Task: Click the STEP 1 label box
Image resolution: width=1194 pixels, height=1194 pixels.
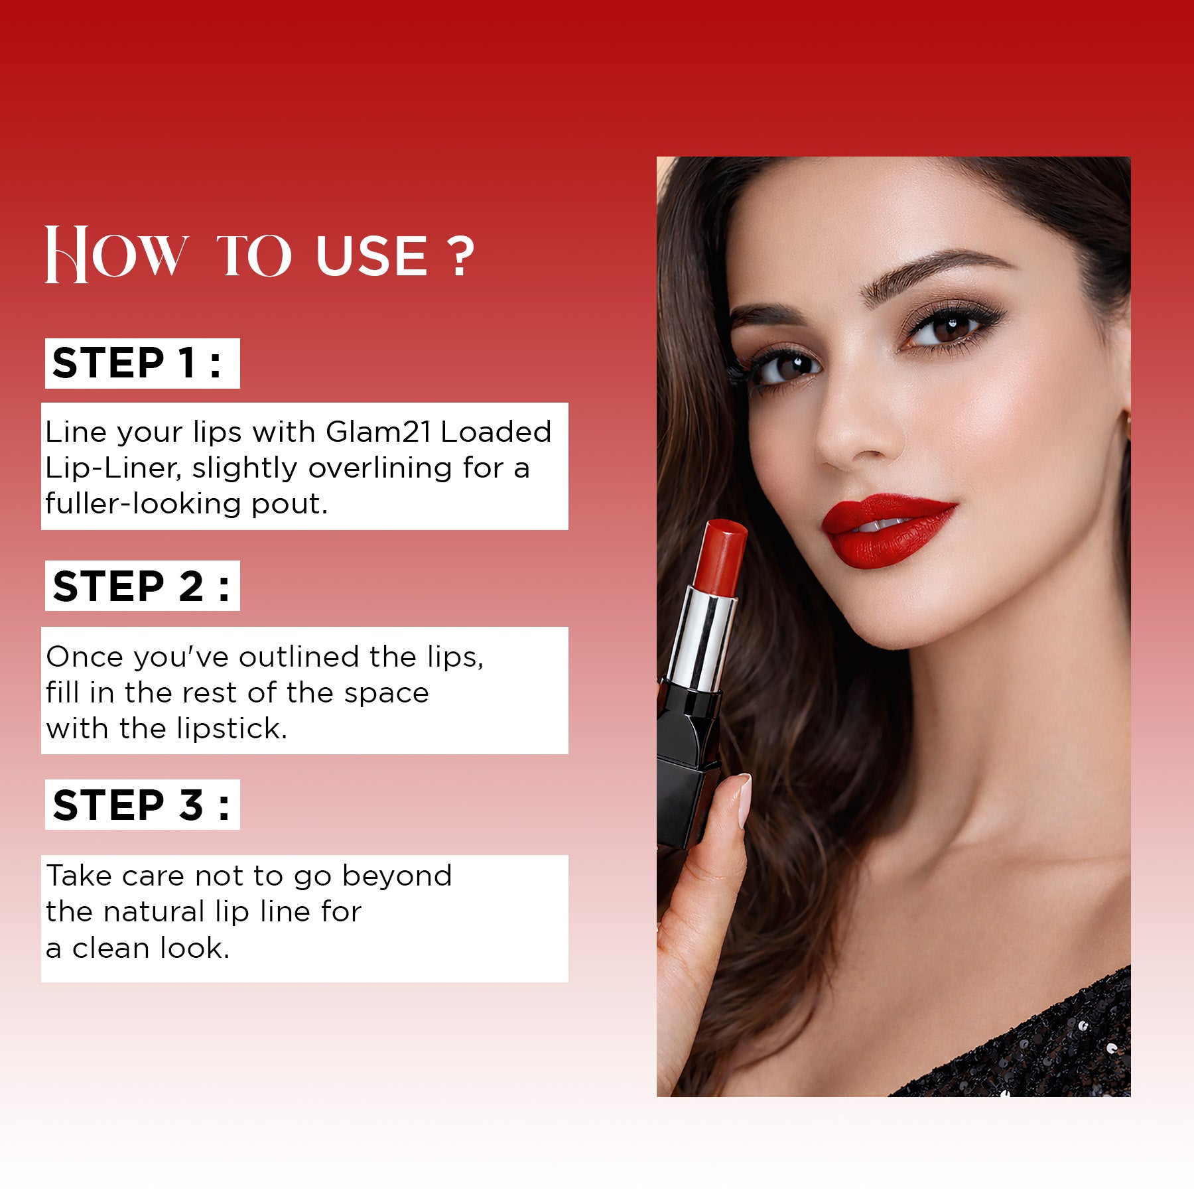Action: (x=142, y=363)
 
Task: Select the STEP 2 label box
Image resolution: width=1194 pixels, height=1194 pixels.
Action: (x=142, y=586)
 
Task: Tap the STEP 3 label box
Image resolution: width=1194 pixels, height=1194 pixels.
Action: (x=142, y=804)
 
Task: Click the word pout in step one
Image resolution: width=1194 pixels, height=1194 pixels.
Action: (x=289, y=505)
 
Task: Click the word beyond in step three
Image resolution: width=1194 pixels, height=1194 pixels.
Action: (x=397, y=876)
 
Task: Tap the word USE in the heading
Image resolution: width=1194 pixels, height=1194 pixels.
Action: (x=371, y=256)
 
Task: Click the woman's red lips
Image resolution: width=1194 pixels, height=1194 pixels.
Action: (x=886, y=531)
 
